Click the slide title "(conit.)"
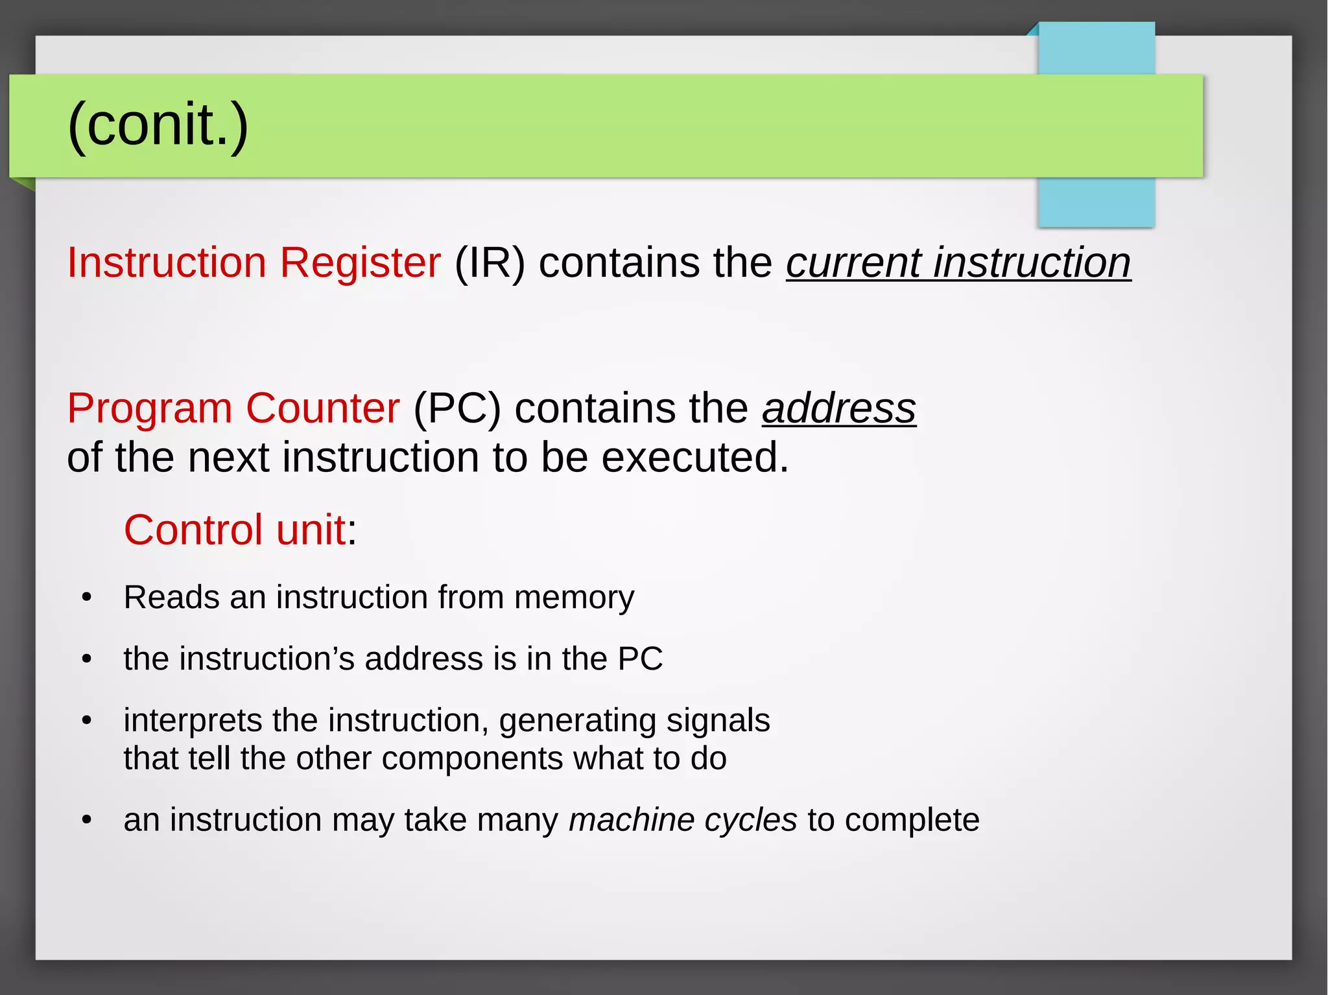(158, 124)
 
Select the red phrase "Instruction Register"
(254, 263)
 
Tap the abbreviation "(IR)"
(490, 263)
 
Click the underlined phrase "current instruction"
(958, 263)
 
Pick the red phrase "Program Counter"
(233, 408)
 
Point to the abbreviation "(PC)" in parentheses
(457, 408)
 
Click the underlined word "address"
(838, 408)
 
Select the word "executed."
(695, 457)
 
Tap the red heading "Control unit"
(235, 530)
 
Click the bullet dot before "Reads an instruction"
(87, 597)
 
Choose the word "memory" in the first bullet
(574, 597)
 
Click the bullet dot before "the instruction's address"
(87, 659)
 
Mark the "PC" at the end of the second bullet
(640, 659)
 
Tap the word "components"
(472, 758)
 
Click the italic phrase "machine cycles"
(683, 820)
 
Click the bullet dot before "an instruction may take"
(87, 821)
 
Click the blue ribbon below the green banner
(1096, 202)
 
